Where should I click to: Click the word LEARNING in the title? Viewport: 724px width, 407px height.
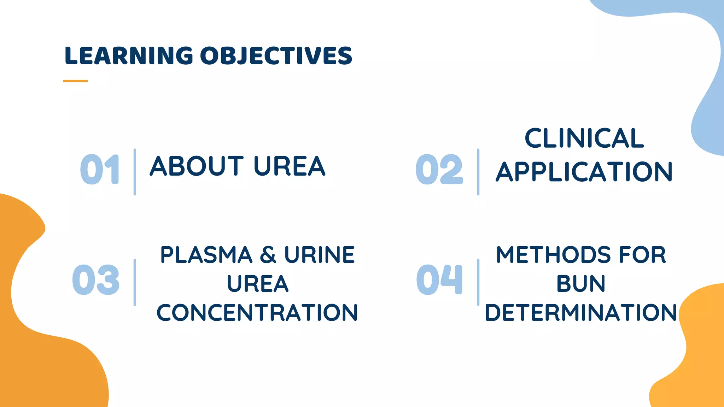tap(129, 56)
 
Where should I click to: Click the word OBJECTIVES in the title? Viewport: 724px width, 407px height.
tap(276, 56)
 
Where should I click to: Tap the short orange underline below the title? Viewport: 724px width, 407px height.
tap(75, 81)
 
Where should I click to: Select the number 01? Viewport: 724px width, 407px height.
tap(100, 170)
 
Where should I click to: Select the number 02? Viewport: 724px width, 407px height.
tap(439, 170)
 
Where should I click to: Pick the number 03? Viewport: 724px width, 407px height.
tap(96, 280)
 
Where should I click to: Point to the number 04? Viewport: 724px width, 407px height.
tap(439, 280)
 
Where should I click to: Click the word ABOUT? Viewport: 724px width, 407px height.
tap(197, 166)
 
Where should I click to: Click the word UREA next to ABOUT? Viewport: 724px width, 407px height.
tap(289, 166)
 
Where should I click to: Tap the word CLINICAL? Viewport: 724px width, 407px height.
tap(584, 138)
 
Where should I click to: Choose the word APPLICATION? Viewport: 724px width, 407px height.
tap(584, 172)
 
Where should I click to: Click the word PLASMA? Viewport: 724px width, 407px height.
tap(206, 255)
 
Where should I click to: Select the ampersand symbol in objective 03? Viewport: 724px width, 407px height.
tap(268, 255)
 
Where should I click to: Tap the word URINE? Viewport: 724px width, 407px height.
tap(320, 255)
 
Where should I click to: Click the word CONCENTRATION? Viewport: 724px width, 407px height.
tap(257, 313)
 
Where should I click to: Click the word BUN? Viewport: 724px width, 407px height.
tap(581, 284)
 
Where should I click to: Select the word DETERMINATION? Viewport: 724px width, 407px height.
tap(581, 313)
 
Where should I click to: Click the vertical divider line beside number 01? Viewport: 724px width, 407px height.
tap(135, 172)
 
